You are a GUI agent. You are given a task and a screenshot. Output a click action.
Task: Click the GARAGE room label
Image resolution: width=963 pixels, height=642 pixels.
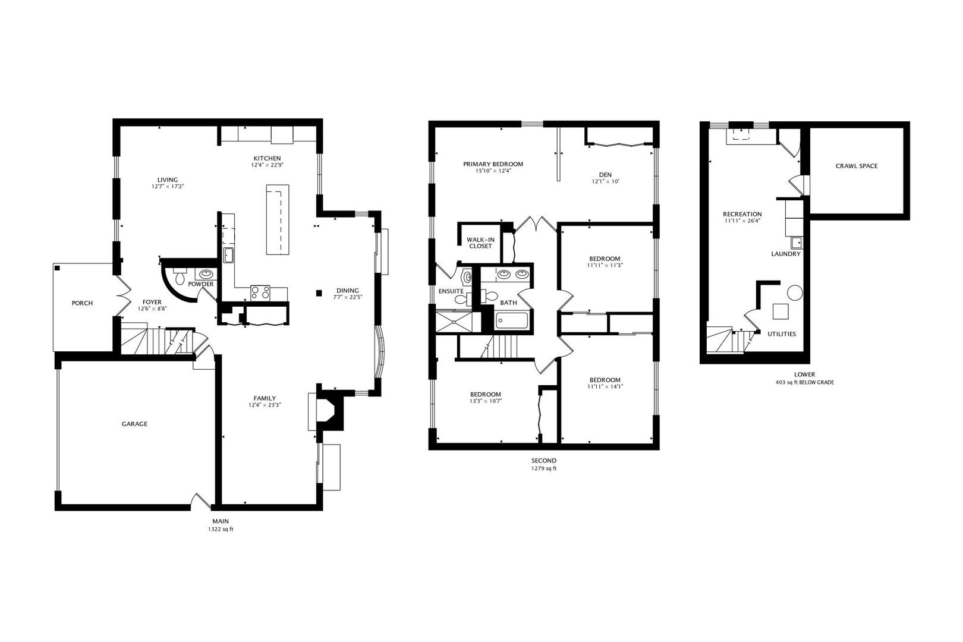pyautogui.click(x=134, y=424)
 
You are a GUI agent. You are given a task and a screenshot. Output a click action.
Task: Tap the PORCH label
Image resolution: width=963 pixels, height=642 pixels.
pyautogui.click(x=82, y=303)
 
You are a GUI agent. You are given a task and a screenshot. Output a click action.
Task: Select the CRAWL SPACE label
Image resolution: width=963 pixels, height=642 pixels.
pyautogui.click(x=857, y=166)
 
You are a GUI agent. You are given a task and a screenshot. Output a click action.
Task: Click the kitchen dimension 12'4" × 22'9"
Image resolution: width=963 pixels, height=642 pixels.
pyautogui.click(x=267, y=165)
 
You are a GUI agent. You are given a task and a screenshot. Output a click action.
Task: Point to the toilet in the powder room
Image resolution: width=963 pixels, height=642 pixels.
pyautogui.click(x=180, y=275)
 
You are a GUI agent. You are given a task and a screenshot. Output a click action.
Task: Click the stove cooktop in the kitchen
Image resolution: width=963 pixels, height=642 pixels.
pyautogui.click(x=260, y=293)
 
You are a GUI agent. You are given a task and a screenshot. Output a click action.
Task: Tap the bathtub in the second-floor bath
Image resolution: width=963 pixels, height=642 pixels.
pyautogui.click(x=511, y=320)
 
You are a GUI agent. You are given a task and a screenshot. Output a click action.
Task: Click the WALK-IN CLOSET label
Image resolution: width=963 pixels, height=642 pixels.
pyautogui.click(x=481, y=243)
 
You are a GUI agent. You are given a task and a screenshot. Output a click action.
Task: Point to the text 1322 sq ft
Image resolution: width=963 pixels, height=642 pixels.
pyautogui.click(x=221, y=529)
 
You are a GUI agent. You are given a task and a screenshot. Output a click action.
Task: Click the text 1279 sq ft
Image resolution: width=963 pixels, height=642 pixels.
pyautogui.click(x=544, y=468)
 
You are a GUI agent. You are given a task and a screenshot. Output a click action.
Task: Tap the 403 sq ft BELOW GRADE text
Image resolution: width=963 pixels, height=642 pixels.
pyautogui.click(x=804, y=382)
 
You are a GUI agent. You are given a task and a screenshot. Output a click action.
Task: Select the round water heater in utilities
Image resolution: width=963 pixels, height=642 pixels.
pyautogui.click(x=795, y=292)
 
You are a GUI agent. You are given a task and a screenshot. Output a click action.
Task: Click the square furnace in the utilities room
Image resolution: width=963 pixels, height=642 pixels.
pyautogui.click(x=781, y=311)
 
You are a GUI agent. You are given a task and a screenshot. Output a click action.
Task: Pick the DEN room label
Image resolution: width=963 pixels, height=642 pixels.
pyautogui.click(x=605, y=175)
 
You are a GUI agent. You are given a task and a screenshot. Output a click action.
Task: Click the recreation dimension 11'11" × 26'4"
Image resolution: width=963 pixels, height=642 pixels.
pyautogui.click(x=742, y=221)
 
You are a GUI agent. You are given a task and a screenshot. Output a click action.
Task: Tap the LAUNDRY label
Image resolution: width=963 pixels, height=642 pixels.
pyautogui.click(x=786, y=254)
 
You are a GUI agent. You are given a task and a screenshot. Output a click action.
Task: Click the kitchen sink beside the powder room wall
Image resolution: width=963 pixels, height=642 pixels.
pyautogui.click(x=228, y=255)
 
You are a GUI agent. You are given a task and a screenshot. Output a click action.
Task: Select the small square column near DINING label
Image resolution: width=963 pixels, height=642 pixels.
pyautogui.click(x=319, y=293)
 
